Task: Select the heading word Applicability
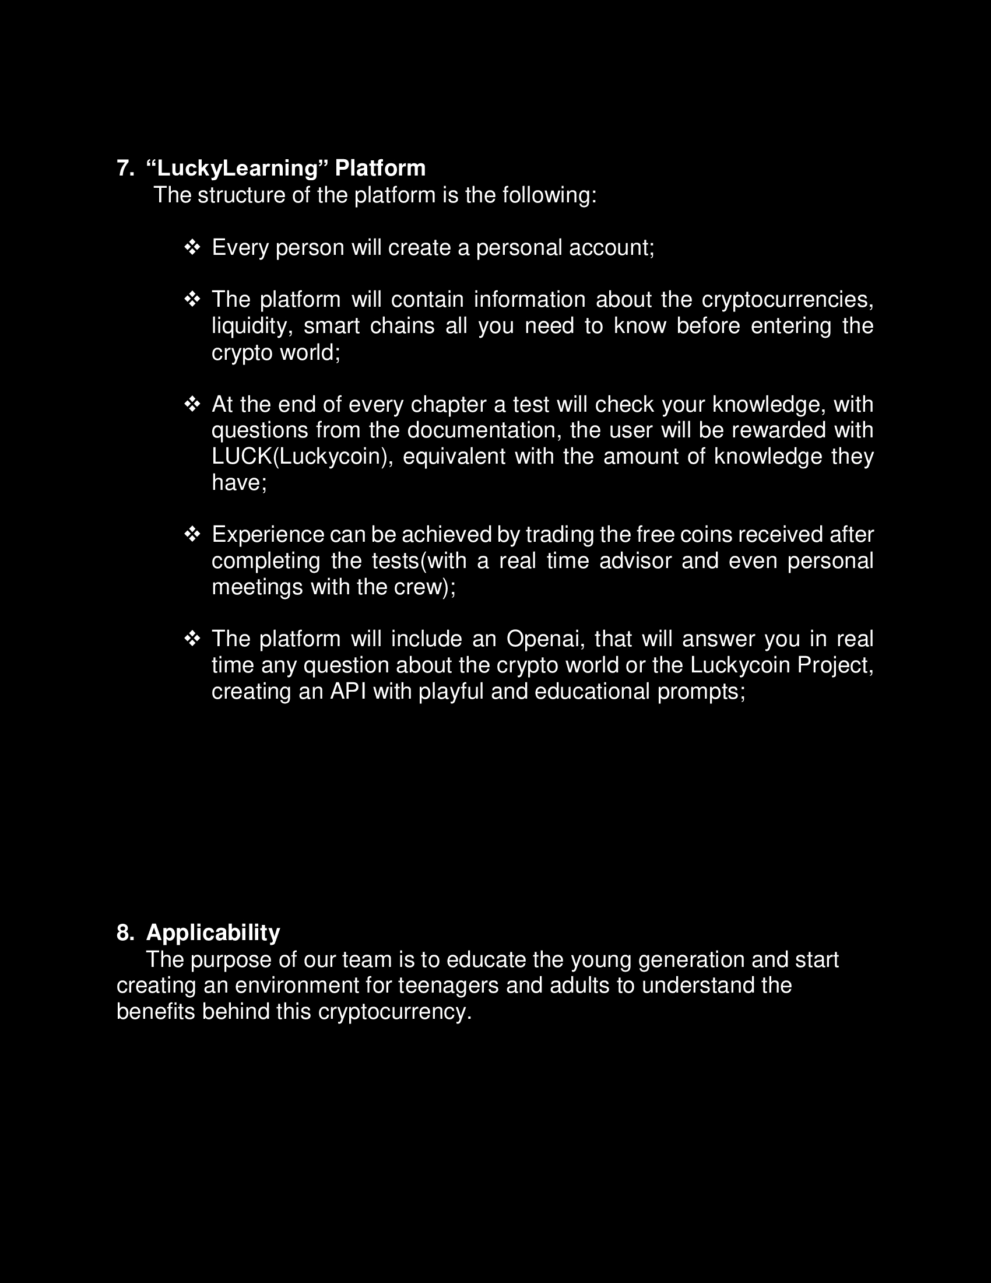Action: pos(213,933)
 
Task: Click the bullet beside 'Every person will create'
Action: pos(192,247)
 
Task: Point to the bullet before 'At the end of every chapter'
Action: pos(192,404)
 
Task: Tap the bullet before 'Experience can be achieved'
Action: pos(192,534)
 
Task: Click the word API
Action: pos(348,692)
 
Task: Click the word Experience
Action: pos(268,535)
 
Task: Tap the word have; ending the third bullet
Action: pos(239,483)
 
